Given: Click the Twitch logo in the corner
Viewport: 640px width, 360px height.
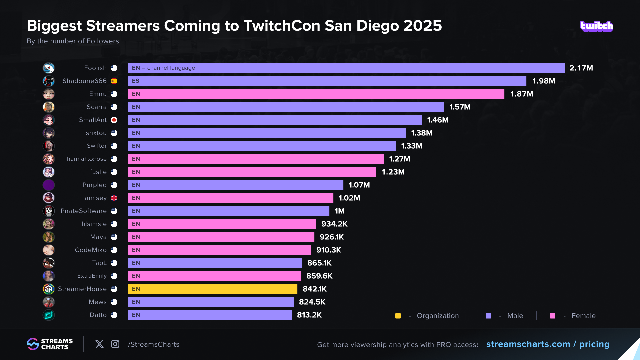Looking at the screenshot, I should tap(597, 26).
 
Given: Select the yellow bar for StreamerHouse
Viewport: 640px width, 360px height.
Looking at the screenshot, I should tap(212, 289).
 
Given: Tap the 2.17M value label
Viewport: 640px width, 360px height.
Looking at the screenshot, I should tap(581, 68).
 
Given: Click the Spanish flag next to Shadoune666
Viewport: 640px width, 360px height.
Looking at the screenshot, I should tap(114, 81).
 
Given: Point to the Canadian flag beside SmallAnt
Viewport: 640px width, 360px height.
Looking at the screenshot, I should tap(114, 120).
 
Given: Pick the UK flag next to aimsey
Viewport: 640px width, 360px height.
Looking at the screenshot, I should tap(114, 198).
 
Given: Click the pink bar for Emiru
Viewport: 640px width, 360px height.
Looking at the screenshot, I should tap(316, 94).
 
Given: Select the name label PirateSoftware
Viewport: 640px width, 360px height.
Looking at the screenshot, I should tap(83, 211).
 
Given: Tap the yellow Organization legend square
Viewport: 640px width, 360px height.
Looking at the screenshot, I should tap(398, 316).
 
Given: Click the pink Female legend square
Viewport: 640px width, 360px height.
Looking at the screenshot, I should tap(553, 316).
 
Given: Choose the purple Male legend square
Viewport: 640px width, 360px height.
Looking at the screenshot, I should tap(488, 316).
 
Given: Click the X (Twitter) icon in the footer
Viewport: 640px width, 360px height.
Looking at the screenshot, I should tap(99, 344).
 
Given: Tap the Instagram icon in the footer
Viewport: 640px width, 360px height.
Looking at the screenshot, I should tap(115, 344).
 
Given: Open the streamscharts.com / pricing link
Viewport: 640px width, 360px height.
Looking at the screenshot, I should tap(548, 344).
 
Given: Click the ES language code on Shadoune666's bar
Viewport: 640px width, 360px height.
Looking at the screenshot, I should tap(136, 81).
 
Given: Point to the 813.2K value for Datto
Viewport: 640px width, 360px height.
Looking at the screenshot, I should tap(309, 315).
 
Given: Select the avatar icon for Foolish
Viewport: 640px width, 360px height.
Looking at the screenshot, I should tap(49, 68).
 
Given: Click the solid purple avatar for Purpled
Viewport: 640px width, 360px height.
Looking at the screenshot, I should tap(49, 185).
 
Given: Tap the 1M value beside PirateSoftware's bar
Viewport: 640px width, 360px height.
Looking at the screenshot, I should tap(340, 211).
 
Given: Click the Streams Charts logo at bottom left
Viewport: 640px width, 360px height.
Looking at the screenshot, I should tap(50, 344).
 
